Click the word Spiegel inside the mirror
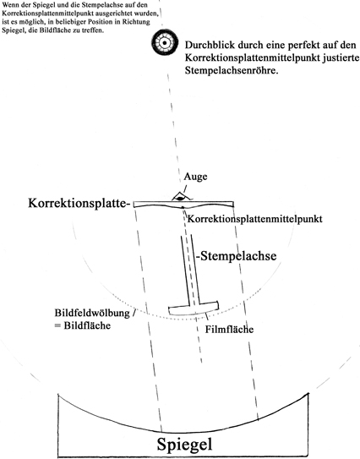tap(184, 444)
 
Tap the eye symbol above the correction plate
tap(180, 197)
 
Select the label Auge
tap(195, 177)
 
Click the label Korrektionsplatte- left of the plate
tap(79, 203)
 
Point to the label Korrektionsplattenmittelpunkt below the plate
tap(254, 219)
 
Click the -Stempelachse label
tap(236, 256)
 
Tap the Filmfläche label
tap(229, 330)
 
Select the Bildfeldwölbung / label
tap(95, 313)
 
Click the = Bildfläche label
tap(83, 325)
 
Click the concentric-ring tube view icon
tap(165, 43)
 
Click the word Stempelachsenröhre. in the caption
tap(232, 71)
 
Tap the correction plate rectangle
tap(183, 204)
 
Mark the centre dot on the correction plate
tap(183, 208)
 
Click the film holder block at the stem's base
tap(194, 309)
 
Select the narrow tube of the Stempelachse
tap(190, 270)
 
